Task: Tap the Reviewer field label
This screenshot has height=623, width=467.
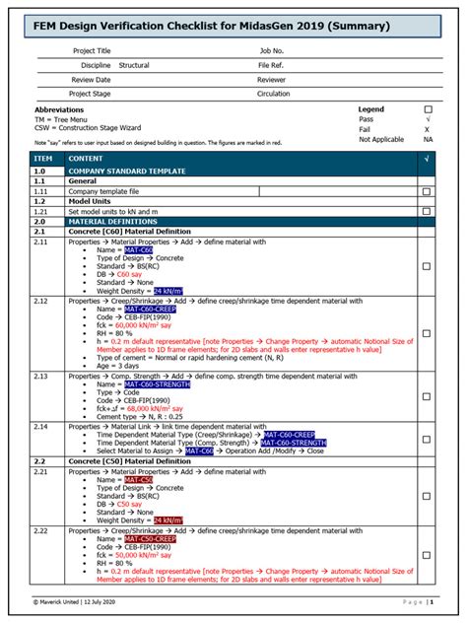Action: [272, 79]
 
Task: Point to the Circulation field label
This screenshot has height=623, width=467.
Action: [275, 94]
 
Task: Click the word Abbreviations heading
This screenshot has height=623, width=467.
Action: [59, 109]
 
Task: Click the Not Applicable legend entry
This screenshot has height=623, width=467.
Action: [381, 139]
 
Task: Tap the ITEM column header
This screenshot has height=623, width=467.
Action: [43, 158]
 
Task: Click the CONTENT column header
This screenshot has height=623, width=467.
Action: [86, 158]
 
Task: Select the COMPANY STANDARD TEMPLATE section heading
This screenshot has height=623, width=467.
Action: [126, 171]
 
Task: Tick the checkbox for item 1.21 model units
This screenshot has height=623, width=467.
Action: [426, 211]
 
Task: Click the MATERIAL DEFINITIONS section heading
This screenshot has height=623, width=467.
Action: [113, 222]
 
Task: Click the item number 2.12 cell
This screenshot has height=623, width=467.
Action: [41, 300]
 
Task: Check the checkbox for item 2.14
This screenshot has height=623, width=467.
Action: [426, 442]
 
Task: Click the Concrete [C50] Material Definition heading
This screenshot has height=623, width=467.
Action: [129, 460]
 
